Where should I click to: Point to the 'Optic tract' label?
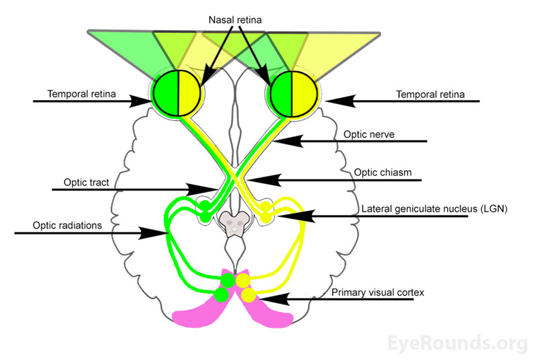pyautogui.click(x=86, y=181)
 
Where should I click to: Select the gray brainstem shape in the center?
pyautogui.click(x=234, y=222)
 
